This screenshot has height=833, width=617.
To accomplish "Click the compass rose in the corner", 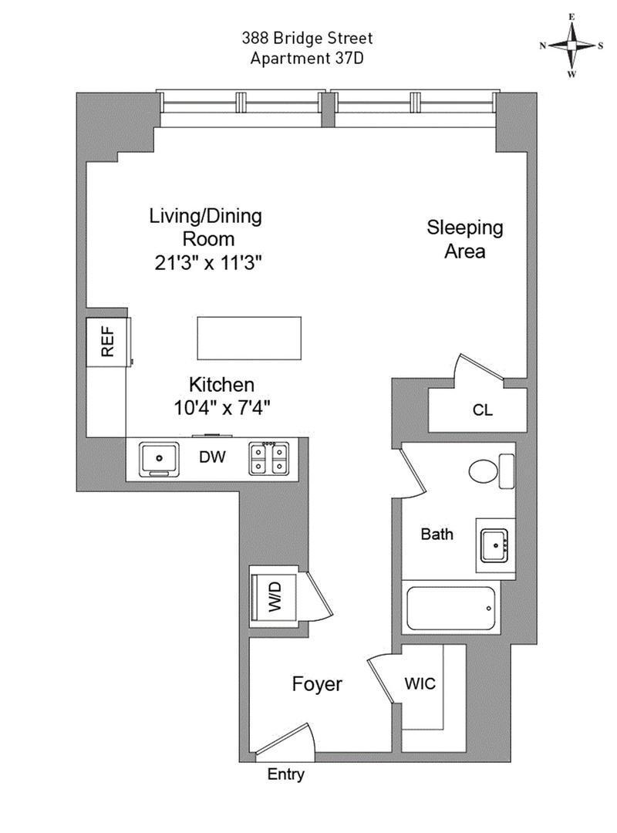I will tap(571, 46).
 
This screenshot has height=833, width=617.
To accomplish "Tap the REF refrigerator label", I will tap(108, 341).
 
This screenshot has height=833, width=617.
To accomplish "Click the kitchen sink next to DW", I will tap(159, 458).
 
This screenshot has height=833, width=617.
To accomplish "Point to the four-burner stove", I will tap(268, 458).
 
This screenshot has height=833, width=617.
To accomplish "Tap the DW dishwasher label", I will tap(212, 457).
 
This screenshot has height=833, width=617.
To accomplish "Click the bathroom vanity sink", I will tap(493, 545).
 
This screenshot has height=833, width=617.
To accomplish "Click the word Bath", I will tap(437, 534).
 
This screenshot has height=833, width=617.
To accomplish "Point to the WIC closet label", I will tap(420, 683).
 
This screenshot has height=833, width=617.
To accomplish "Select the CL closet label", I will tap(482, 410).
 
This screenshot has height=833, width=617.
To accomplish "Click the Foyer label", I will tap(316, 684).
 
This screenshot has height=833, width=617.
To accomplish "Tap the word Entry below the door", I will tap(285, 774).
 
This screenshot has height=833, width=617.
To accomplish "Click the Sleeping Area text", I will tap(465, 239).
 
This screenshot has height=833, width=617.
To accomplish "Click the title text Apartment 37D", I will tap(308, 58).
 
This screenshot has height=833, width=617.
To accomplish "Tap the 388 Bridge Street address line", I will tap(308, 38).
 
